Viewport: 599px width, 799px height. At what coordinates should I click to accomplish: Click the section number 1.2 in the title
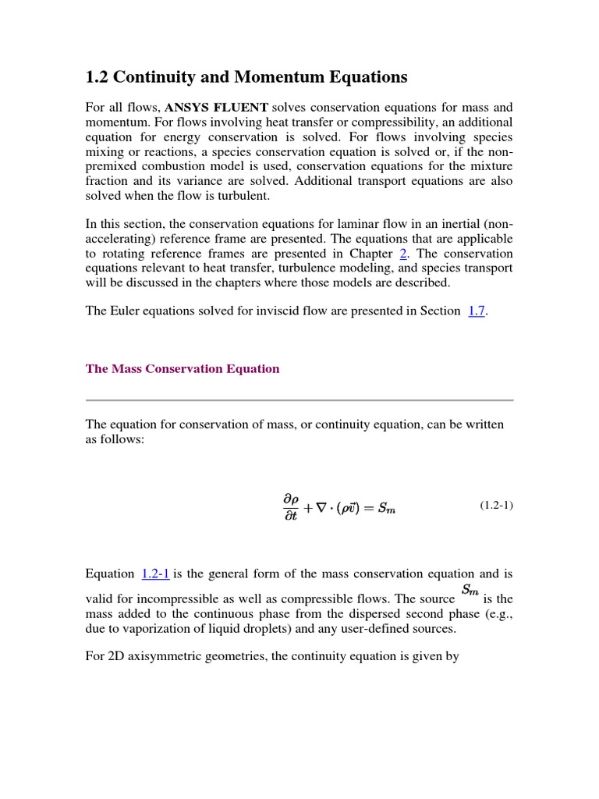[x=96, y=77]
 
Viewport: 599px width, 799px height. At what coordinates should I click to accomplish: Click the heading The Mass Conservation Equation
[x=183, y=369]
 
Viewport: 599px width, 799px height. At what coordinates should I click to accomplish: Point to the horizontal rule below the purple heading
[x=299, y=400]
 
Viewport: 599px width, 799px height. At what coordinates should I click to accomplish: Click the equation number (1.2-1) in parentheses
[x=496, y=506]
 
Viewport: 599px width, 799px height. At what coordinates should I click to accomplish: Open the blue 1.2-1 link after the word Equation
[x=155, y=574]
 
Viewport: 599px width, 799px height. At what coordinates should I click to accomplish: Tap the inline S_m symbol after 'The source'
[x=470, y=591]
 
